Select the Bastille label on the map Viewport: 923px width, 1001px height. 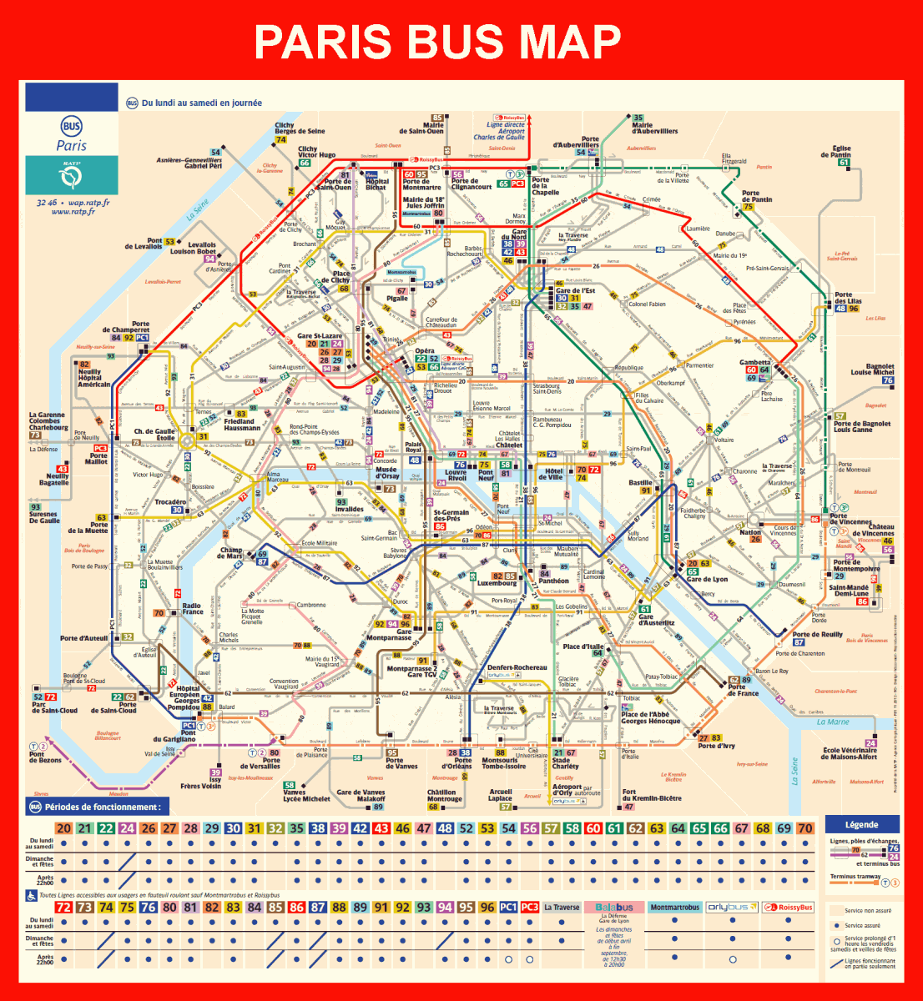click(x=640, y=483)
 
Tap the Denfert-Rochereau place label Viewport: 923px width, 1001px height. click(x=517, y=667)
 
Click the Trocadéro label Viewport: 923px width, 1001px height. click(x=170, y=502)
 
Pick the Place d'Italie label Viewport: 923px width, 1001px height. click(x=583, y=646)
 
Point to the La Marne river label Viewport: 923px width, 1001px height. click(x=833, y=722)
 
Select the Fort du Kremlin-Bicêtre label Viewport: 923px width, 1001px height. click(x=640, y=796)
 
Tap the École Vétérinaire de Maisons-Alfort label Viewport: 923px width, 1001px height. click(x=850, y=753)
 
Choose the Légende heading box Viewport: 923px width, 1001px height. click(x=861, y=824)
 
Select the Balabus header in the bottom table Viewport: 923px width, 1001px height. click(x=614, y=907)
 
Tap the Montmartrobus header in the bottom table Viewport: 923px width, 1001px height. click(x=674, y=907)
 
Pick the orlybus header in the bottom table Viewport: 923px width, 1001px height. click(x=731, y=907)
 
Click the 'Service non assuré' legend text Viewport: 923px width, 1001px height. click(x=868, y=910)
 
